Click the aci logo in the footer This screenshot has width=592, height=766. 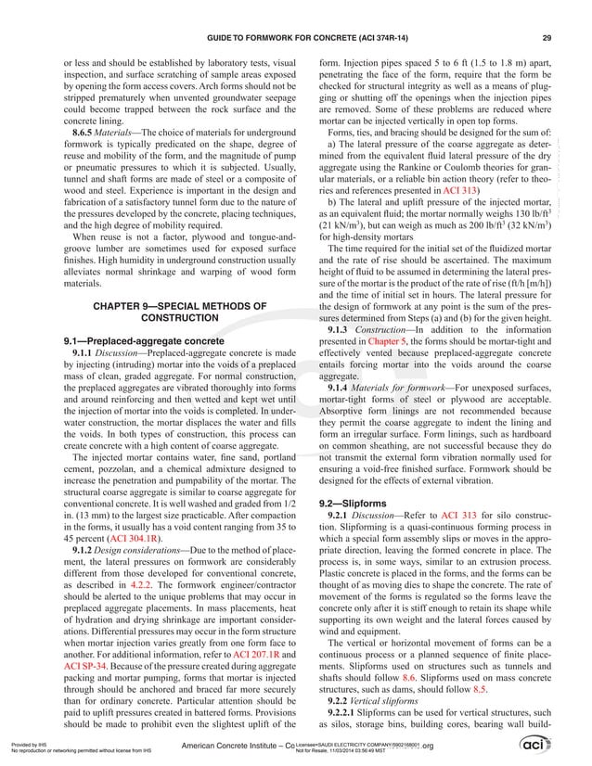tap(560, 747)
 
